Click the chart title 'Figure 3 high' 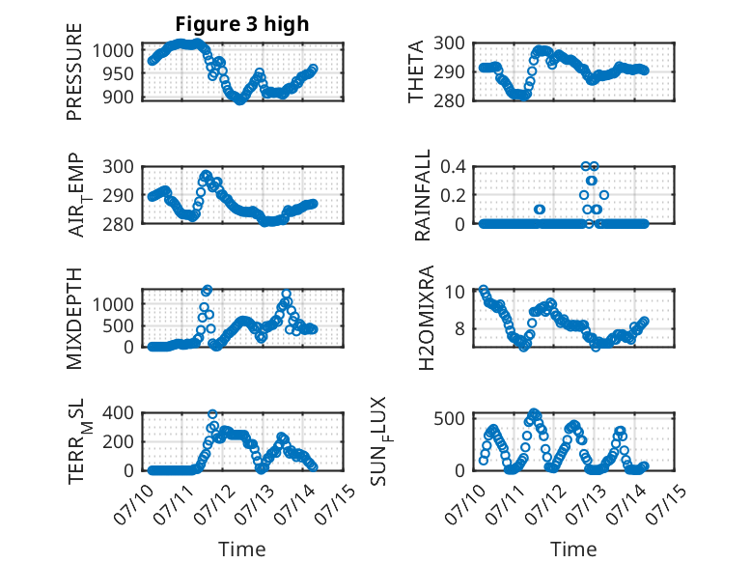click(242, 24)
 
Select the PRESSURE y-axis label click(74, 71)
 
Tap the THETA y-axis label click(416, 71)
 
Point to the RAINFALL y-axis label click(423, 195)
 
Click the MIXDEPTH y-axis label click(74, 319)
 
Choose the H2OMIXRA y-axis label click(427, 318)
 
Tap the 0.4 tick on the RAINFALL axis click(453, 167)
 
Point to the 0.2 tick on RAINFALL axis click(453, 195)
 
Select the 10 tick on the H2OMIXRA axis click(455, 292)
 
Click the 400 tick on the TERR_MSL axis click(118, 412)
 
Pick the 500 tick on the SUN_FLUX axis click(449, 418)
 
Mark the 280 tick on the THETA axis click(449, 101)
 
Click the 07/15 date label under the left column click(336, 503)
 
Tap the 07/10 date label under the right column click(463, 503)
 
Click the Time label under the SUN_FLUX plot click(573, 549)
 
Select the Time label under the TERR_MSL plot click(242, 549)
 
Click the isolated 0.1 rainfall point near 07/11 click(540, 210)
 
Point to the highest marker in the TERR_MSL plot click(212, 414)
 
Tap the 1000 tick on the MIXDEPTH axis click(113, 304)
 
